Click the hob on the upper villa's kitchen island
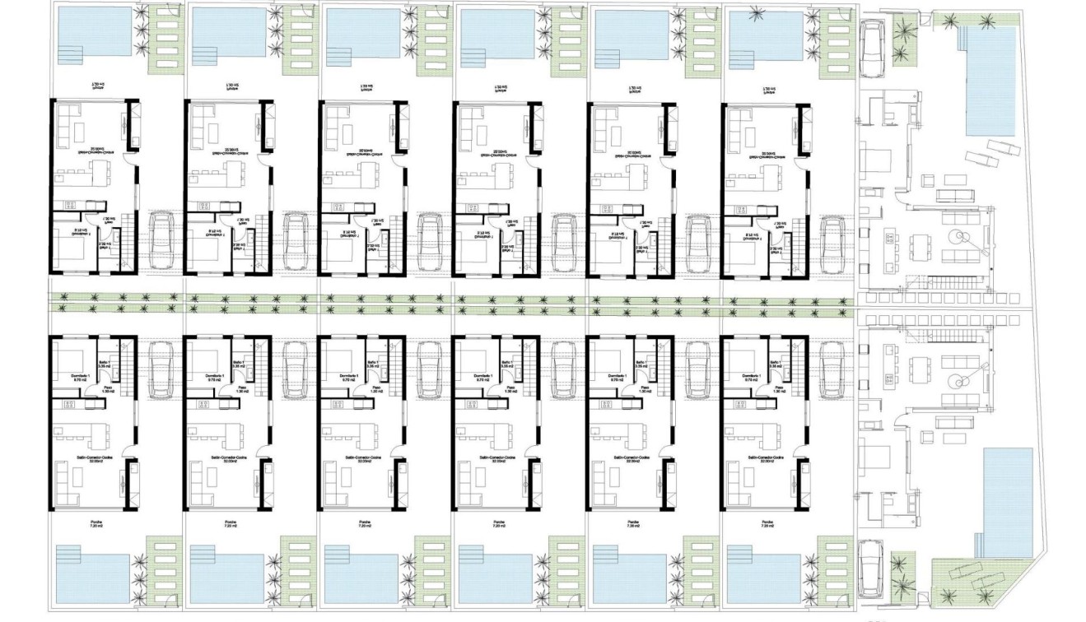[x=890, y=238]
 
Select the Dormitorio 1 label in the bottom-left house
[x=72, y=378]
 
